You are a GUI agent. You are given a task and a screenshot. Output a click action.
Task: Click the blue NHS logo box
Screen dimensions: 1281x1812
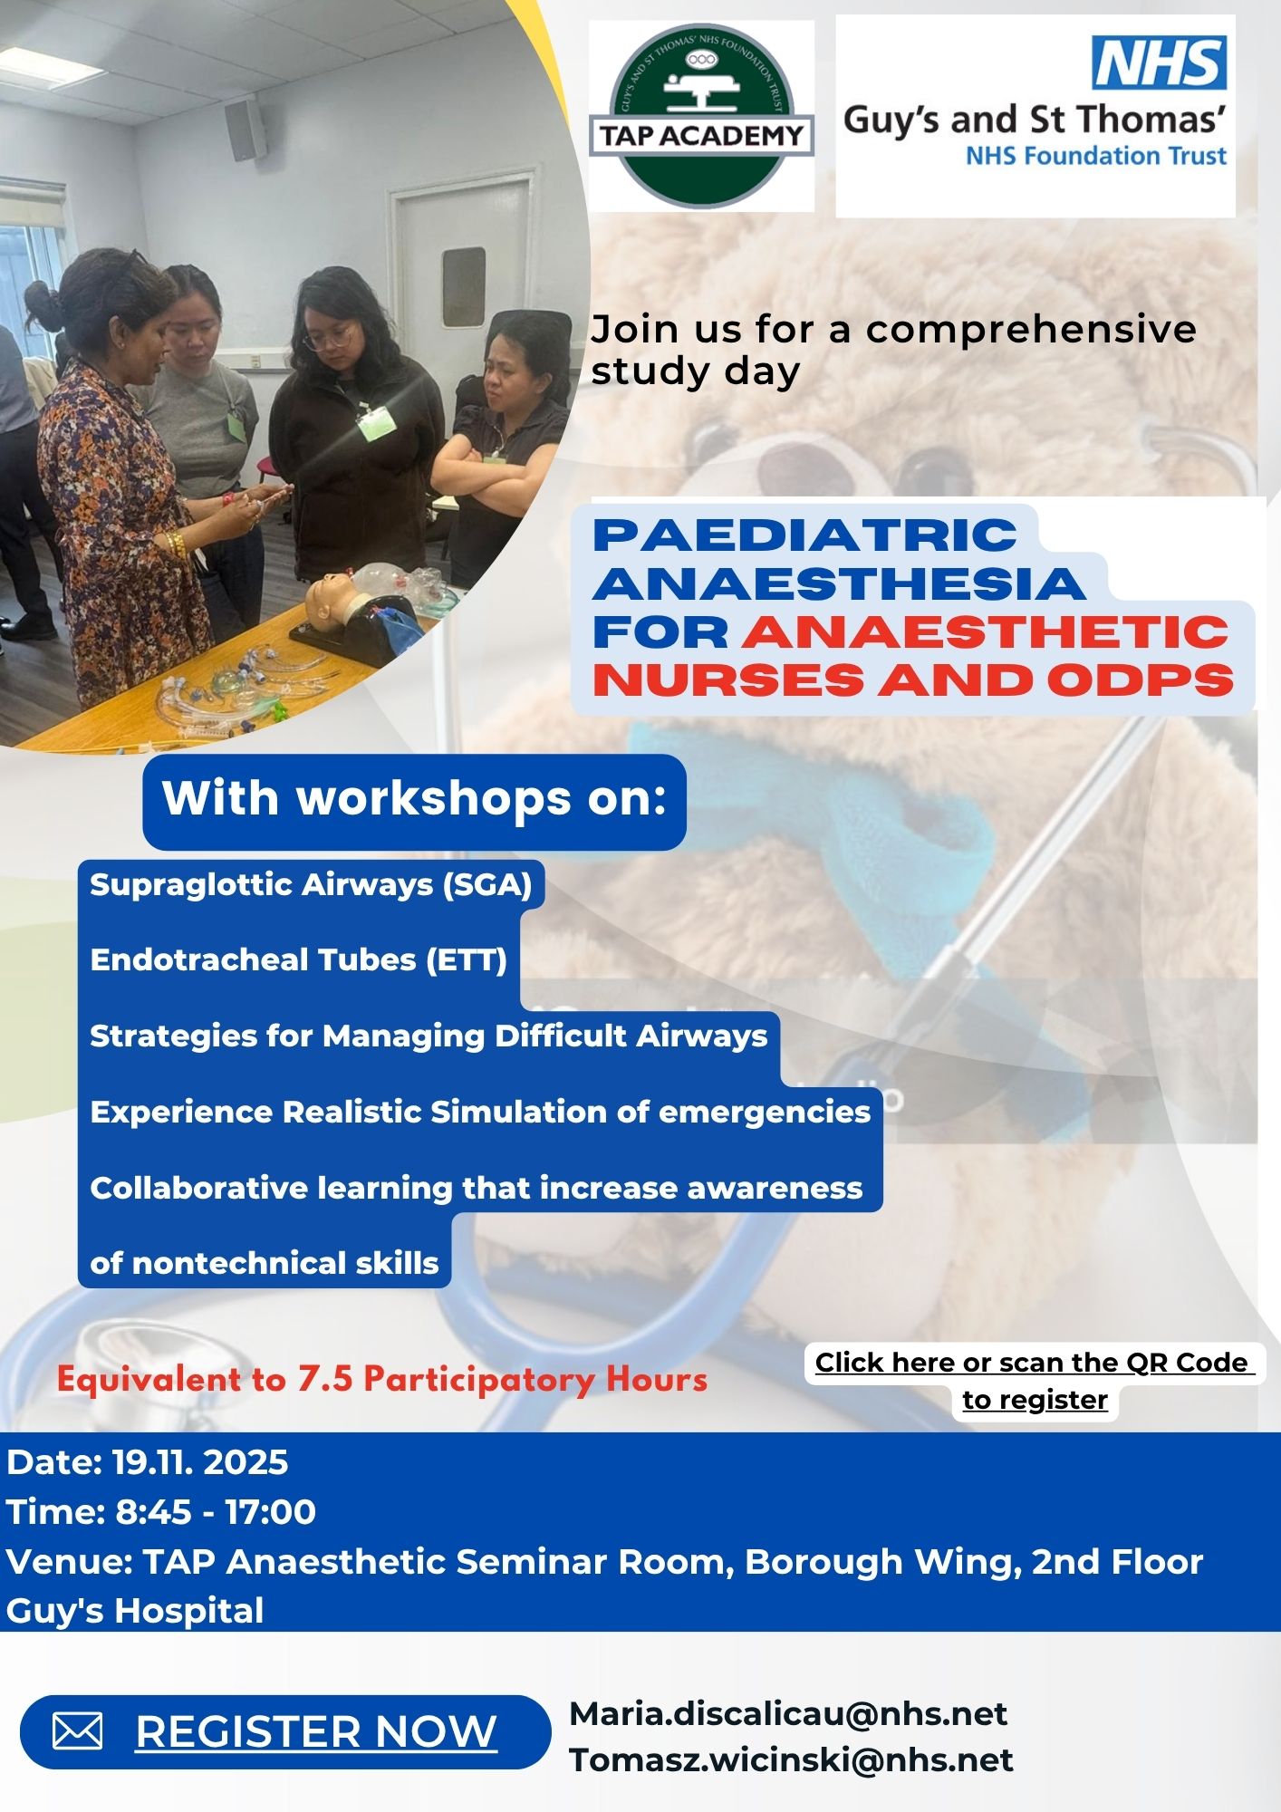click(1160, 63)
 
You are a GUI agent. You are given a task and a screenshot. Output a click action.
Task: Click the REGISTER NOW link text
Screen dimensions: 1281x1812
click(316, 1732)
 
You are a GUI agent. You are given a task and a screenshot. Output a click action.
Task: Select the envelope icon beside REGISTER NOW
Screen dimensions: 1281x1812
click(77, 1732)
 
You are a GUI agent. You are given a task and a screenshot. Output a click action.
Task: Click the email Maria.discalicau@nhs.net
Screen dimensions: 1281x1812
click(788, 1713)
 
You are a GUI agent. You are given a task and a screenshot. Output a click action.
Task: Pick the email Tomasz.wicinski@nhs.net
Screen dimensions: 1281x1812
click(791, 1759)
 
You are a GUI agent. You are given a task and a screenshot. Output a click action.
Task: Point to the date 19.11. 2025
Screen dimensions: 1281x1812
click(200, 1462)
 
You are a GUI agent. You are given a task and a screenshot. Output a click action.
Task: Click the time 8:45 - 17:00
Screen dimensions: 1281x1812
click(216, 1511)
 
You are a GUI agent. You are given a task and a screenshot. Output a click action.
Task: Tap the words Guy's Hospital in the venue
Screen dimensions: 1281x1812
click(135, 1610)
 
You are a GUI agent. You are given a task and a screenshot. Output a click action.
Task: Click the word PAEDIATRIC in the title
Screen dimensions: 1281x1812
click(804, 535)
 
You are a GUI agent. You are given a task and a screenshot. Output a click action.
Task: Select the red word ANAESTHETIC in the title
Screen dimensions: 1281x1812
click(985, 631)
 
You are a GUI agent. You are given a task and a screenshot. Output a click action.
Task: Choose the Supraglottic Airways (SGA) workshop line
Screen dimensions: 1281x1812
click(311, 884)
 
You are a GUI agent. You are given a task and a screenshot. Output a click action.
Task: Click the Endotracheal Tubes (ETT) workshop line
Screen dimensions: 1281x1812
click(299, 959)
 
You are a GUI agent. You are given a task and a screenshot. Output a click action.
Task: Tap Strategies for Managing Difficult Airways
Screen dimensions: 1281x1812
click(429, 1036)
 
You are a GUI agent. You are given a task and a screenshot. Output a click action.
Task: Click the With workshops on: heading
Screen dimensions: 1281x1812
click(414, 798)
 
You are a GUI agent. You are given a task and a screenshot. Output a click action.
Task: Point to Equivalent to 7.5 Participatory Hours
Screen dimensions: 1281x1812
click(382, 1379)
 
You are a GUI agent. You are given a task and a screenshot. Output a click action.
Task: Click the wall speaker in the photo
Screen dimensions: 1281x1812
click(245, 130)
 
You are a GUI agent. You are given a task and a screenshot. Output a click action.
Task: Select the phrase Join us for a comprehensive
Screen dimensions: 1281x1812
click(893, 330)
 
